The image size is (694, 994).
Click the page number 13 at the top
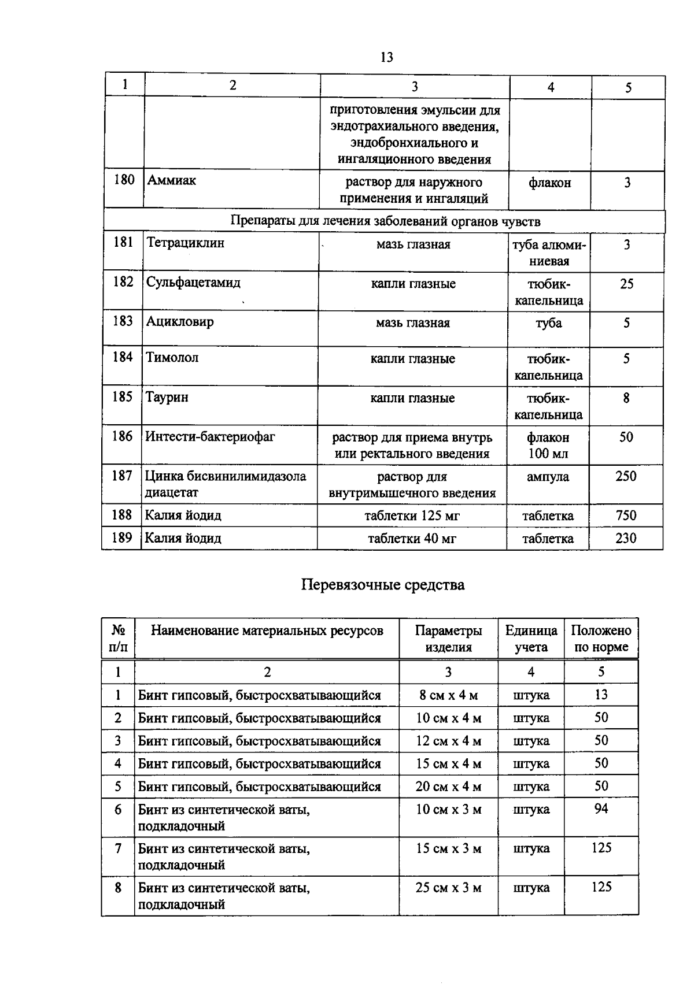(387, 57)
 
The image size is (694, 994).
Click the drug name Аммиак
(171, 180)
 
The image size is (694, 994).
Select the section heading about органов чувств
(385, 221)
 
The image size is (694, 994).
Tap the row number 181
(123, 243)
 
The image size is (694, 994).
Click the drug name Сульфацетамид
(193, 283)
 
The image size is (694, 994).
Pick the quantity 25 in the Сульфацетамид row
(626, 284)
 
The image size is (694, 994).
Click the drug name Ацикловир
(180, 322)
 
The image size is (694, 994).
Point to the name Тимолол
(172, 358)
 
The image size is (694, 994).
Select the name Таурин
(167, 398)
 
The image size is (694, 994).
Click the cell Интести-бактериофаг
(210, 437)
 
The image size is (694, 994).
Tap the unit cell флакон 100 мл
(548, 446)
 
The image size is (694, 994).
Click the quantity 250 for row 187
(626, 477)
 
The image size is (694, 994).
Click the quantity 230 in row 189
(626, 539)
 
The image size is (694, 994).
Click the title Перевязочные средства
(382, 585)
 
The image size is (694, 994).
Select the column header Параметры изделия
(448, 639)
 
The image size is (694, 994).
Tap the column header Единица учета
(531, 639)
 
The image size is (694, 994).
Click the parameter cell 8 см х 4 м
(448, 695)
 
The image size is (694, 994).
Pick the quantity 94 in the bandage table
(601, 809)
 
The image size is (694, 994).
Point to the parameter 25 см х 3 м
(448, 888)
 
